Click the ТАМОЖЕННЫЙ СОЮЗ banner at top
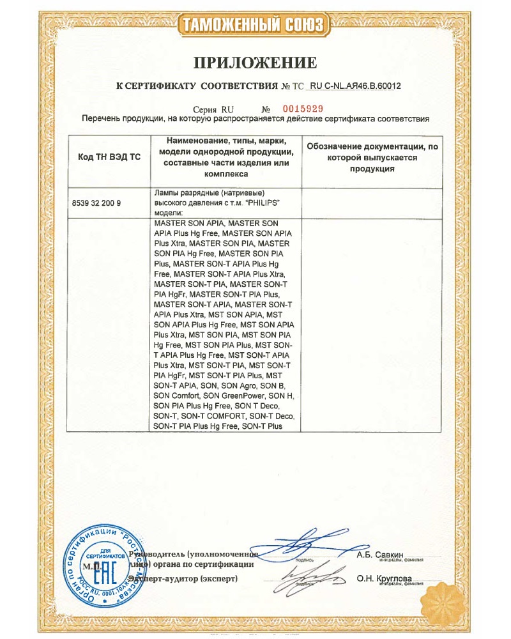[x=256, y=25]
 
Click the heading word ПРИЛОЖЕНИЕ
[x=256, y=62]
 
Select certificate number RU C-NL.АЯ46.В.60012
[x=359, y=85]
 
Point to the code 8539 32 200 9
[x=96, y=203]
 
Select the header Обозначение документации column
[x=372, y=157]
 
